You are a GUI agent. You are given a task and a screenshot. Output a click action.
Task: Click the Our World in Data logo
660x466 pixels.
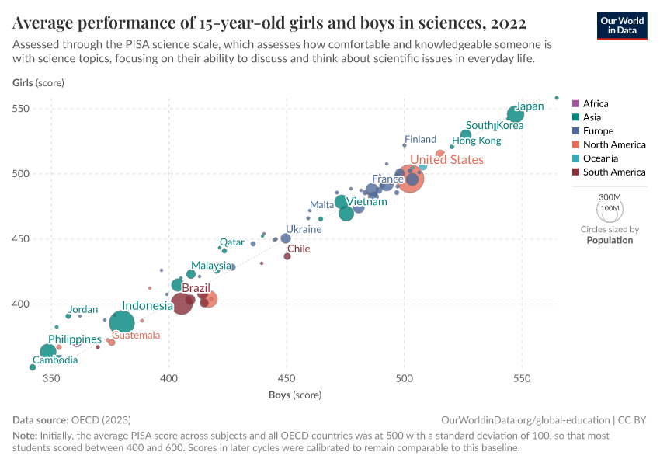(621, 25)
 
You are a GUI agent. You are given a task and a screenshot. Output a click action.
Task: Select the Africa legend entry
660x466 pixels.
(596, 103)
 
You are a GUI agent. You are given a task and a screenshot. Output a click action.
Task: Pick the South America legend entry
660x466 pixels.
(613, 172)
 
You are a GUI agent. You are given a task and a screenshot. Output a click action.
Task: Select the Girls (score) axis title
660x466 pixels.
(38, 83)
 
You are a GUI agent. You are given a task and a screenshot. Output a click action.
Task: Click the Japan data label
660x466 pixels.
(530, 106)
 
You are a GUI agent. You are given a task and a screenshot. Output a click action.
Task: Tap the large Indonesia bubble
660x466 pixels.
(122, 322)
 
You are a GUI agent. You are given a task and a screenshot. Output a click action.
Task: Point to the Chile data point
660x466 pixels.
(287, 256)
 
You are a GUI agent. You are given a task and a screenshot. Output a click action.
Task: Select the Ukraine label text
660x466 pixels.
(305, 229)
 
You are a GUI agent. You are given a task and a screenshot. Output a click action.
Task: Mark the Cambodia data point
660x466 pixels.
(33, 367)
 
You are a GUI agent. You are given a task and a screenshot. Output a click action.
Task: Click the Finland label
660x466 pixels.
(420, 140)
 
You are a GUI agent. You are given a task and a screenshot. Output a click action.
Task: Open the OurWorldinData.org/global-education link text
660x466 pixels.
(525, 419)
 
